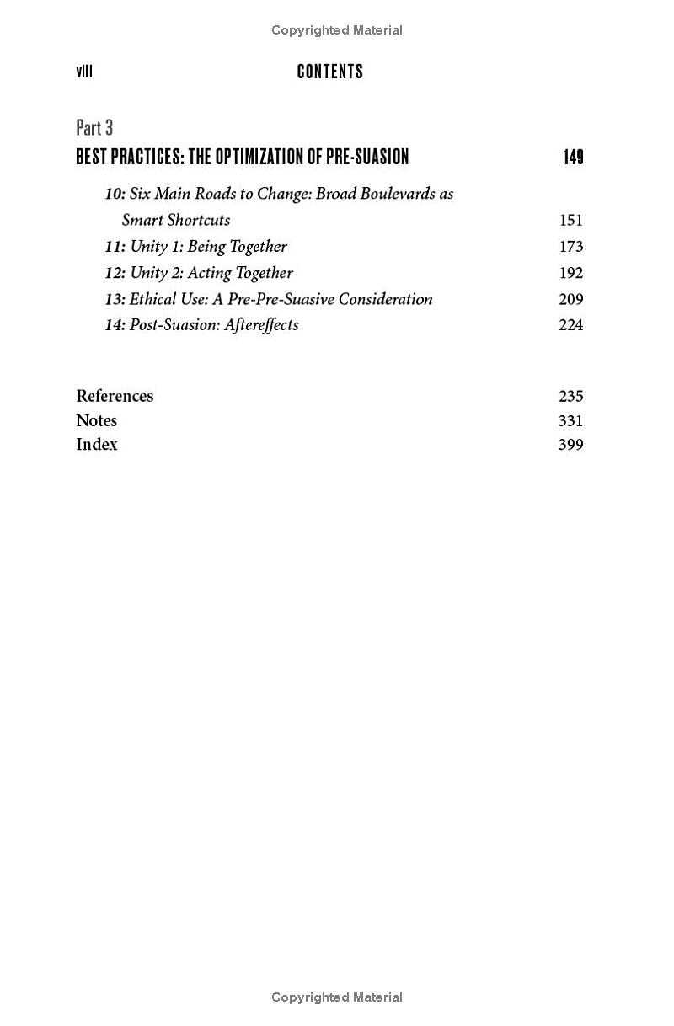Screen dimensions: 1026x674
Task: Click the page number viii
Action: (x=84, y=72)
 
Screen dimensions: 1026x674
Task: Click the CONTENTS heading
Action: (x=330, y=72)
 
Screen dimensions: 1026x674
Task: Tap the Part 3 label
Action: (x=94, y=127)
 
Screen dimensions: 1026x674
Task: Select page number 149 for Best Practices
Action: (x=573, y=157)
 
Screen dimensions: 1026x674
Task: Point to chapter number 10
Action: (x=115, y=194)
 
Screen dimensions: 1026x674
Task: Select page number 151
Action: (x=570, y=220)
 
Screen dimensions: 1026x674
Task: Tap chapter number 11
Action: (x=115, y=247)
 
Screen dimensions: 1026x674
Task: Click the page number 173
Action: (x=570, y=247)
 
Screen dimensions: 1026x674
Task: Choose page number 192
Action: (x=570, y=273)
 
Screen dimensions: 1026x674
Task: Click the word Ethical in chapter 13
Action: (x=153, y=299)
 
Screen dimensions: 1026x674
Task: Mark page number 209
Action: (x=570, y=299)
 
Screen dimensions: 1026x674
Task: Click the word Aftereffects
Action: (x=261, y=325)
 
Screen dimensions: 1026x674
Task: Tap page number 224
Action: (x=570, y=325)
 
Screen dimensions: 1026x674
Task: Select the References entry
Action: (x=115, y=396)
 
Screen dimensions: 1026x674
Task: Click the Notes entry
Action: (x=96, y=420)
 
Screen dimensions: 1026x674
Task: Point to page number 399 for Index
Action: (x=570, y=445)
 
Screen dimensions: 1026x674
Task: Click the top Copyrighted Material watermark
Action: (x=337, y=30)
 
